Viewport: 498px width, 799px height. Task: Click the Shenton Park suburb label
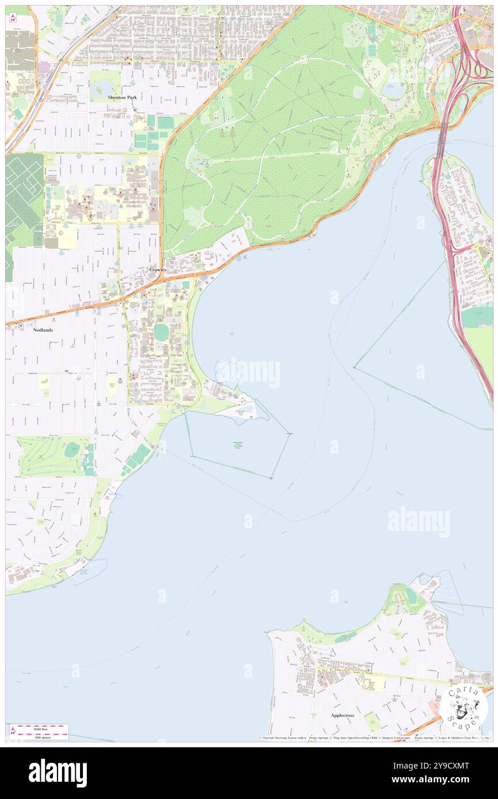click(122, 98)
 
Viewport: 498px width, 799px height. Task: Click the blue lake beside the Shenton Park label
click(104, 88)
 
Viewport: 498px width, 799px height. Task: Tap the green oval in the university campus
click(162, 332)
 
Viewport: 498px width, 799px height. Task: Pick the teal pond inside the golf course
click(71, 451)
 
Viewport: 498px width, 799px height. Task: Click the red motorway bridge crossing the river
click(442, 138)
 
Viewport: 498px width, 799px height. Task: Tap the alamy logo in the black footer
click(58, 773)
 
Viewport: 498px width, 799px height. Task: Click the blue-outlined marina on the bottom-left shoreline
click(90, 571)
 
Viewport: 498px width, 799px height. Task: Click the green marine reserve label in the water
click(242, 446)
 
